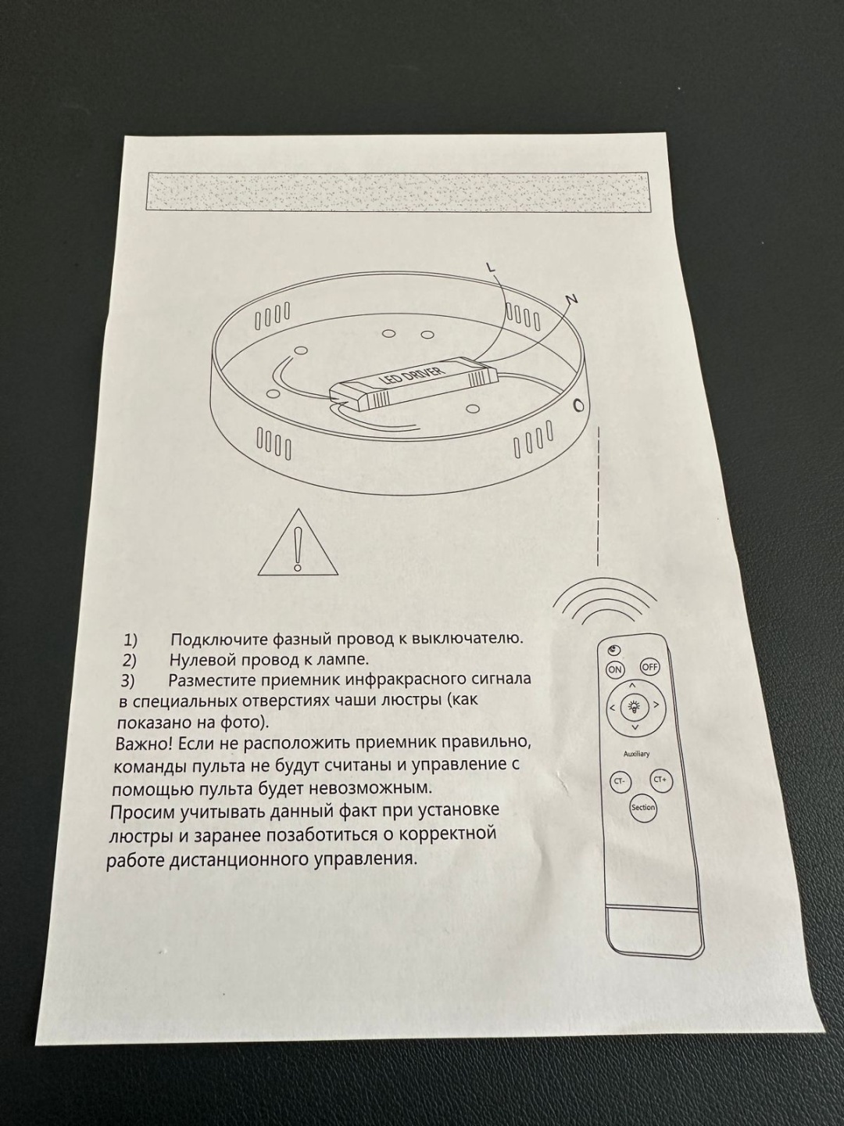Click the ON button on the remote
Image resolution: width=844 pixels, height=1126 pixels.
pos(614,669)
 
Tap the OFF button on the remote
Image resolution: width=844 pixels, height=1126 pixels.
pos(649,666)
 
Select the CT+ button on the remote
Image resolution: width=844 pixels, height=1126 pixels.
pos(660,780)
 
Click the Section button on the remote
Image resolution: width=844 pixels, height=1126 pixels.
pos(643,808)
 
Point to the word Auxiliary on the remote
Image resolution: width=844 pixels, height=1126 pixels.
pos(636,754)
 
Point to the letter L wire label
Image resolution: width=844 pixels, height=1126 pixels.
pos(491,267)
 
